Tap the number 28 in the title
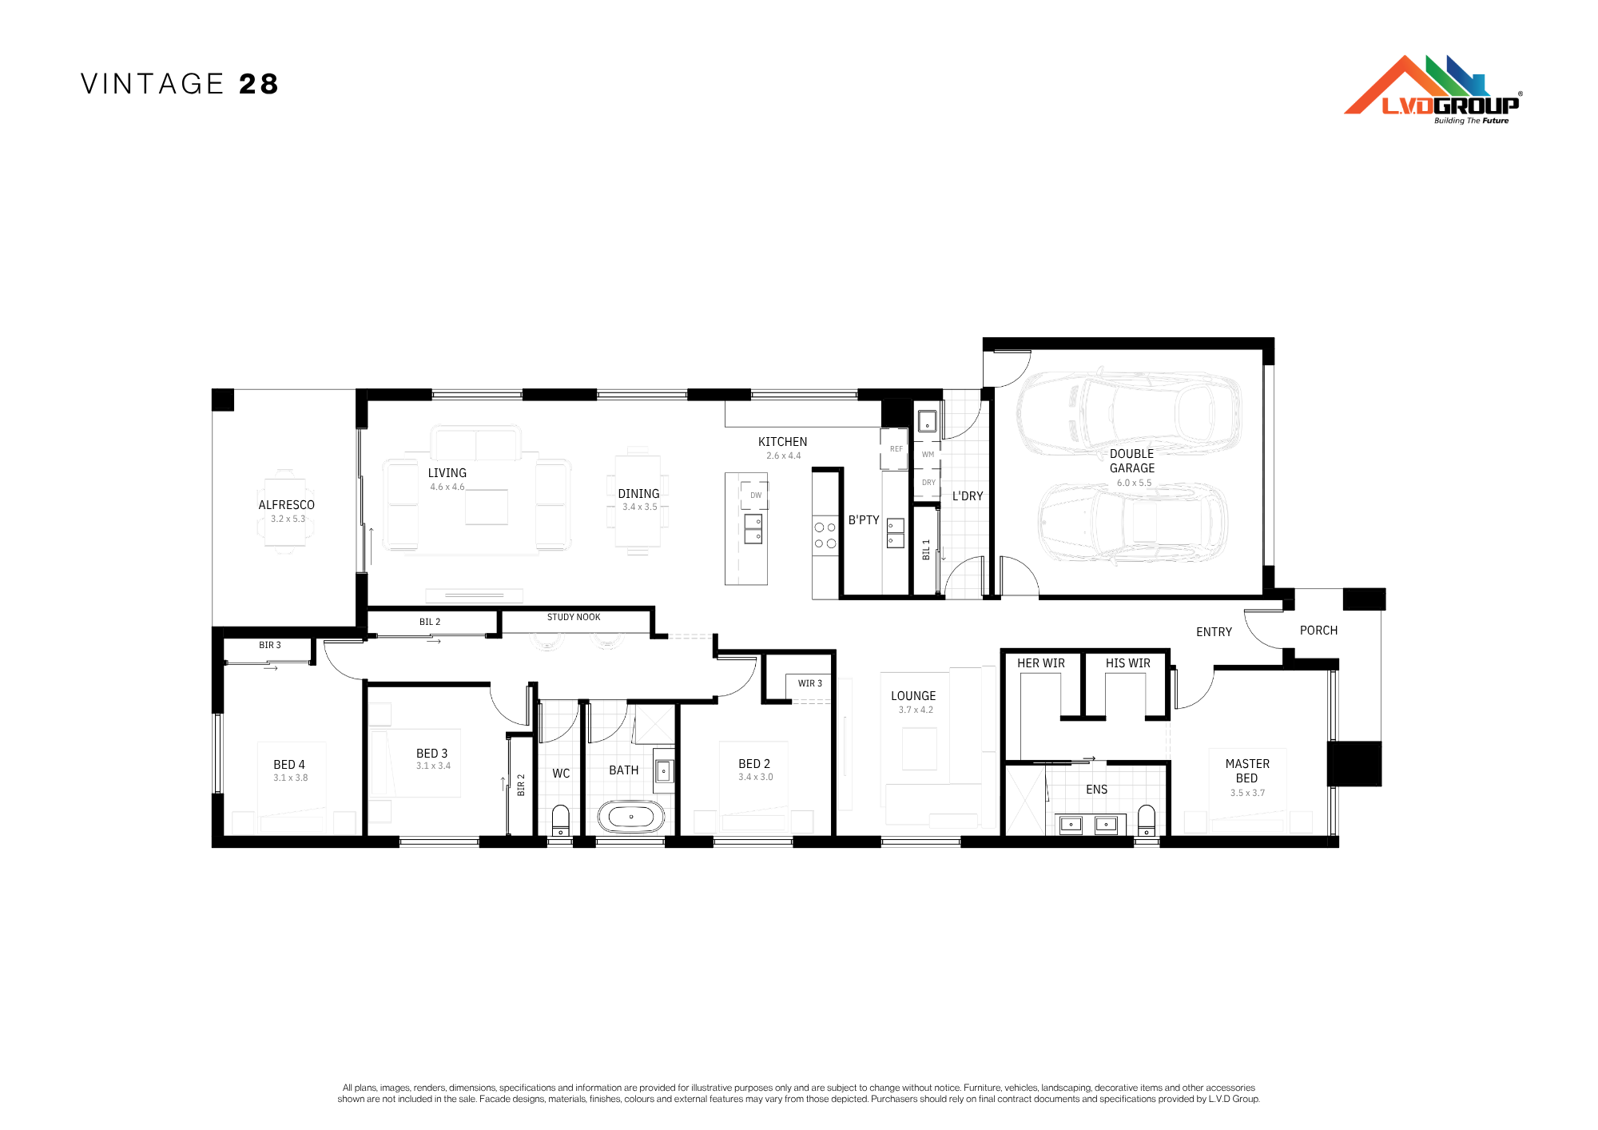coord(259,84)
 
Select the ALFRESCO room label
coord(287,505)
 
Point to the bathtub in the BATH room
coord(631,817)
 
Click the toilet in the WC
coord(561,821)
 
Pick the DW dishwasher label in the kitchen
coord(756,495)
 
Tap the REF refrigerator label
coord(896,449)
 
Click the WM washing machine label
coord(928,455)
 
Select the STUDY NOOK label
coord(574,617)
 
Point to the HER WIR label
coord(1041,663)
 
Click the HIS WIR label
coord(1128,663)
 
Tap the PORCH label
coord(1318,631)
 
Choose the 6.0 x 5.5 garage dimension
coord(1135,483)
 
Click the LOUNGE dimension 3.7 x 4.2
coord(916,710)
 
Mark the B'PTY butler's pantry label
coord(864,520)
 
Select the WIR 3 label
coord(810,683)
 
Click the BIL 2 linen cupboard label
coord(430,622)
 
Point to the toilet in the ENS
coord(1147,821)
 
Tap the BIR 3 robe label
coord(270,645)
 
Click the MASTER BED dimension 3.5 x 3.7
coord(1248,793)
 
